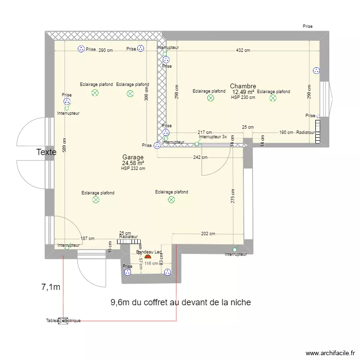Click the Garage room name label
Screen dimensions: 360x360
tap(133, 157)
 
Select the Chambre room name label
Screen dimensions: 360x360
tap(242, 86)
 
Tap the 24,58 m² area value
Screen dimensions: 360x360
tap(133, 163)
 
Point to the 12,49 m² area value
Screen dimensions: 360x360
tap(243, 92)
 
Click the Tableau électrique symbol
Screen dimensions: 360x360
tap(63, 321)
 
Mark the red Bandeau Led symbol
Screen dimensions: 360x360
tap(147, 257)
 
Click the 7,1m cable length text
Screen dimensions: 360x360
tap(50, 288)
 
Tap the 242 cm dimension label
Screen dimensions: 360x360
tap(201, 157)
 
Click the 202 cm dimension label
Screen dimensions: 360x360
tap(208, 234)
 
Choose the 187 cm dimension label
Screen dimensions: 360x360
tap(87, 239)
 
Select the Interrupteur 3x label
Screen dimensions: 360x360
tap(213, 137)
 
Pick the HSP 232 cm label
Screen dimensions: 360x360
tap(133, 168)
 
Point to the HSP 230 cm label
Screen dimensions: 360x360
tap(243, 97)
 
